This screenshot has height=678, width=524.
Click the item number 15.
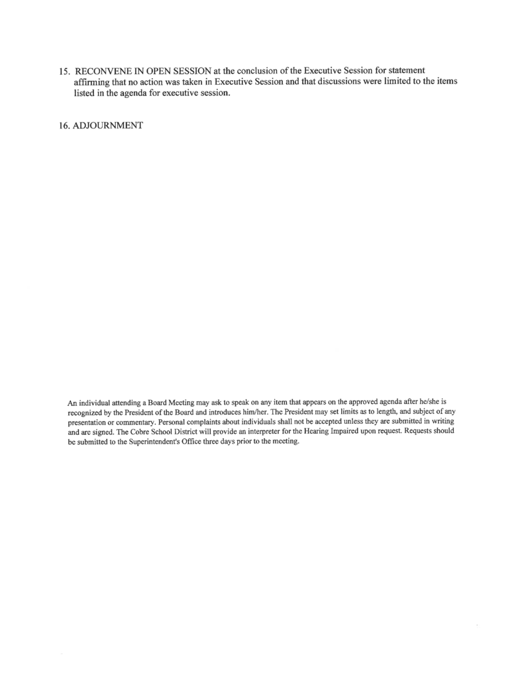point(64,70)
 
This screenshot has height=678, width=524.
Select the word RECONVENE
point(104,70)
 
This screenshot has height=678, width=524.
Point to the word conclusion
point(255,70)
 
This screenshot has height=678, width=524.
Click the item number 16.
point(64,125)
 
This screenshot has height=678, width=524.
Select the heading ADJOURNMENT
point(109,125)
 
